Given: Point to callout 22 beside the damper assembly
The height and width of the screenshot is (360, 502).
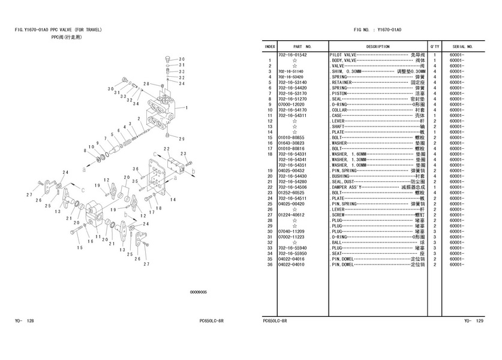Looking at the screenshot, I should pyautogui.click(x=166, y=148).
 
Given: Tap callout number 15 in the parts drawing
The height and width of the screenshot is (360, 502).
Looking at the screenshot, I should pyautogui.click(x=79, y=247).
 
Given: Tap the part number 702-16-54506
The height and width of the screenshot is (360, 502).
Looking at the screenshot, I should pyautogui.click(x=294, y=187).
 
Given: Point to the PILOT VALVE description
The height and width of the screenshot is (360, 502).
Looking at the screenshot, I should pyautogui.click(x=344, y=55).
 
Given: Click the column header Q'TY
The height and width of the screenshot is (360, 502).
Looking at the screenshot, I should pyautogui.click(x=434, y=46).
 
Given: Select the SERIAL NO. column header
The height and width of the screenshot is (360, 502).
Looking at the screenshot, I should pyautogui.click(x=462, y=46).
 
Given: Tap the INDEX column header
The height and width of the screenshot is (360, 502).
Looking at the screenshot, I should pyautogui.click(x=270, y=46).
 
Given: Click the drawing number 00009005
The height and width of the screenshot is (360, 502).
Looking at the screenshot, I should pyautogui.click(x=198, y=292).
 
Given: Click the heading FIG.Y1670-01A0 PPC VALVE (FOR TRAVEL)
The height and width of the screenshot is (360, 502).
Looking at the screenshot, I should pyautogui.click(x=58, y=29).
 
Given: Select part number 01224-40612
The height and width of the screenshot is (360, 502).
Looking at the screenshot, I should pyautogui.click(x=293, y=215).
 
